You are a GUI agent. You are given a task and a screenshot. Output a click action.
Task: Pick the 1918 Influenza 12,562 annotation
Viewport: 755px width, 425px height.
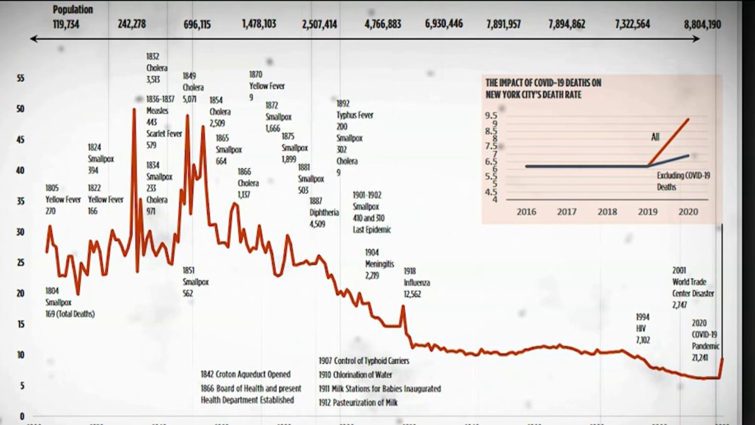coord(417,283)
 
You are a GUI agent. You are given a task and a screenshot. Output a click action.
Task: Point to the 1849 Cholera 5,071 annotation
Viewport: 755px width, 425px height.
coord(193,88)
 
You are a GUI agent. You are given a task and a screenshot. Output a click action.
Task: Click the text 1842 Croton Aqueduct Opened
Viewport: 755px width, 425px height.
coord(245,375)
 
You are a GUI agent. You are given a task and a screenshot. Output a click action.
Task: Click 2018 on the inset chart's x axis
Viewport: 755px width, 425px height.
coord(607,212)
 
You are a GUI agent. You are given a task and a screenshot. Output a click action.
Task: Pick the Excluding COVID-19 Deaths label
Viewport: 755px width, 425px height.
coord(683,181)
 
